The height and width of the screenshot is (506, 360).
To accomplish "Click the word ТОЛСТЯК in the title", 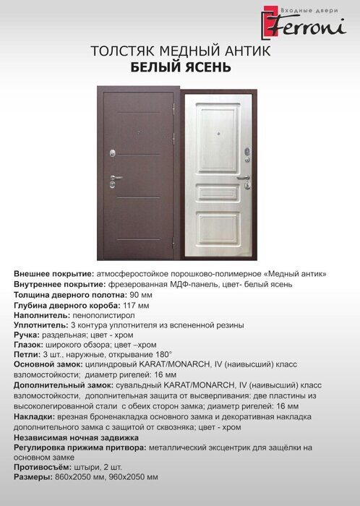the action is (x=122, y=52).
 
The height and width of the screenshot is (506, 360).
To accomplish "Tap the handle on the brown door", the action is (x=114, y=177).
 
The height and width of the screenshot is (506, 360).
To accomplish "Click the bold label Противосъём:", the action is (x=44, y=467).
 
